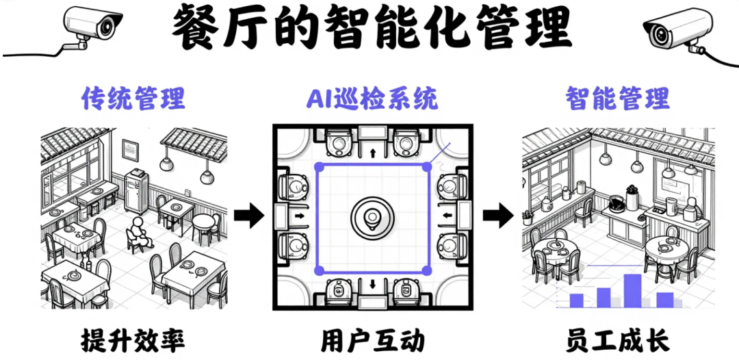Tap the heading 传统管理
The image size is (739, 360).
pos(133,99)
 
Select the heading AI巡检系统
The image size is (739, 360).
pos(371,99)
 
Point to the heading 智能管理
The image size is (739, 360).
pos(617,99)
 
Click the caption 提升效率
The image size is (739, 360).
pos(133,339)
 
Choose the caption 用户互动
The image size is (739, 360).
pos(372,339)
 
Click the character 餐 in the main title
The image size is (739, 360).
pos(194,27)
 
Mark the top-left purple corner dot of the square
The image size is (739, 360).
pos(318,166)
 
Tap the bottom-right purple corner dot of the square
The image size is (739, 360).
pos(427,270)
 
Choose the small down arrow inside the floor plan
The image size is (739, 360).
pos(372,283)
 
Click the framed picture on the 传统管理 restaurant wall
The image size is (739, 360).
pos(131,149)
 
